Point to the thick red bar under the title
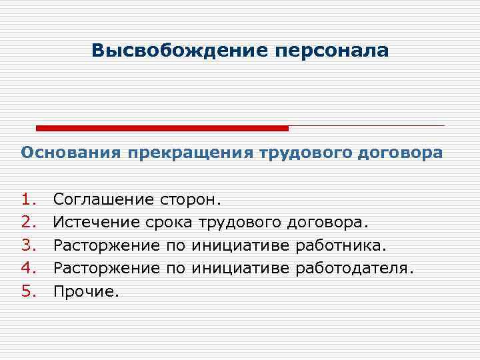coord(162,128)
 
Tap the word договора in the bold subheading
coord(398,153)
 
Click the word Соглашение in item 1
coord(104,199)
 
